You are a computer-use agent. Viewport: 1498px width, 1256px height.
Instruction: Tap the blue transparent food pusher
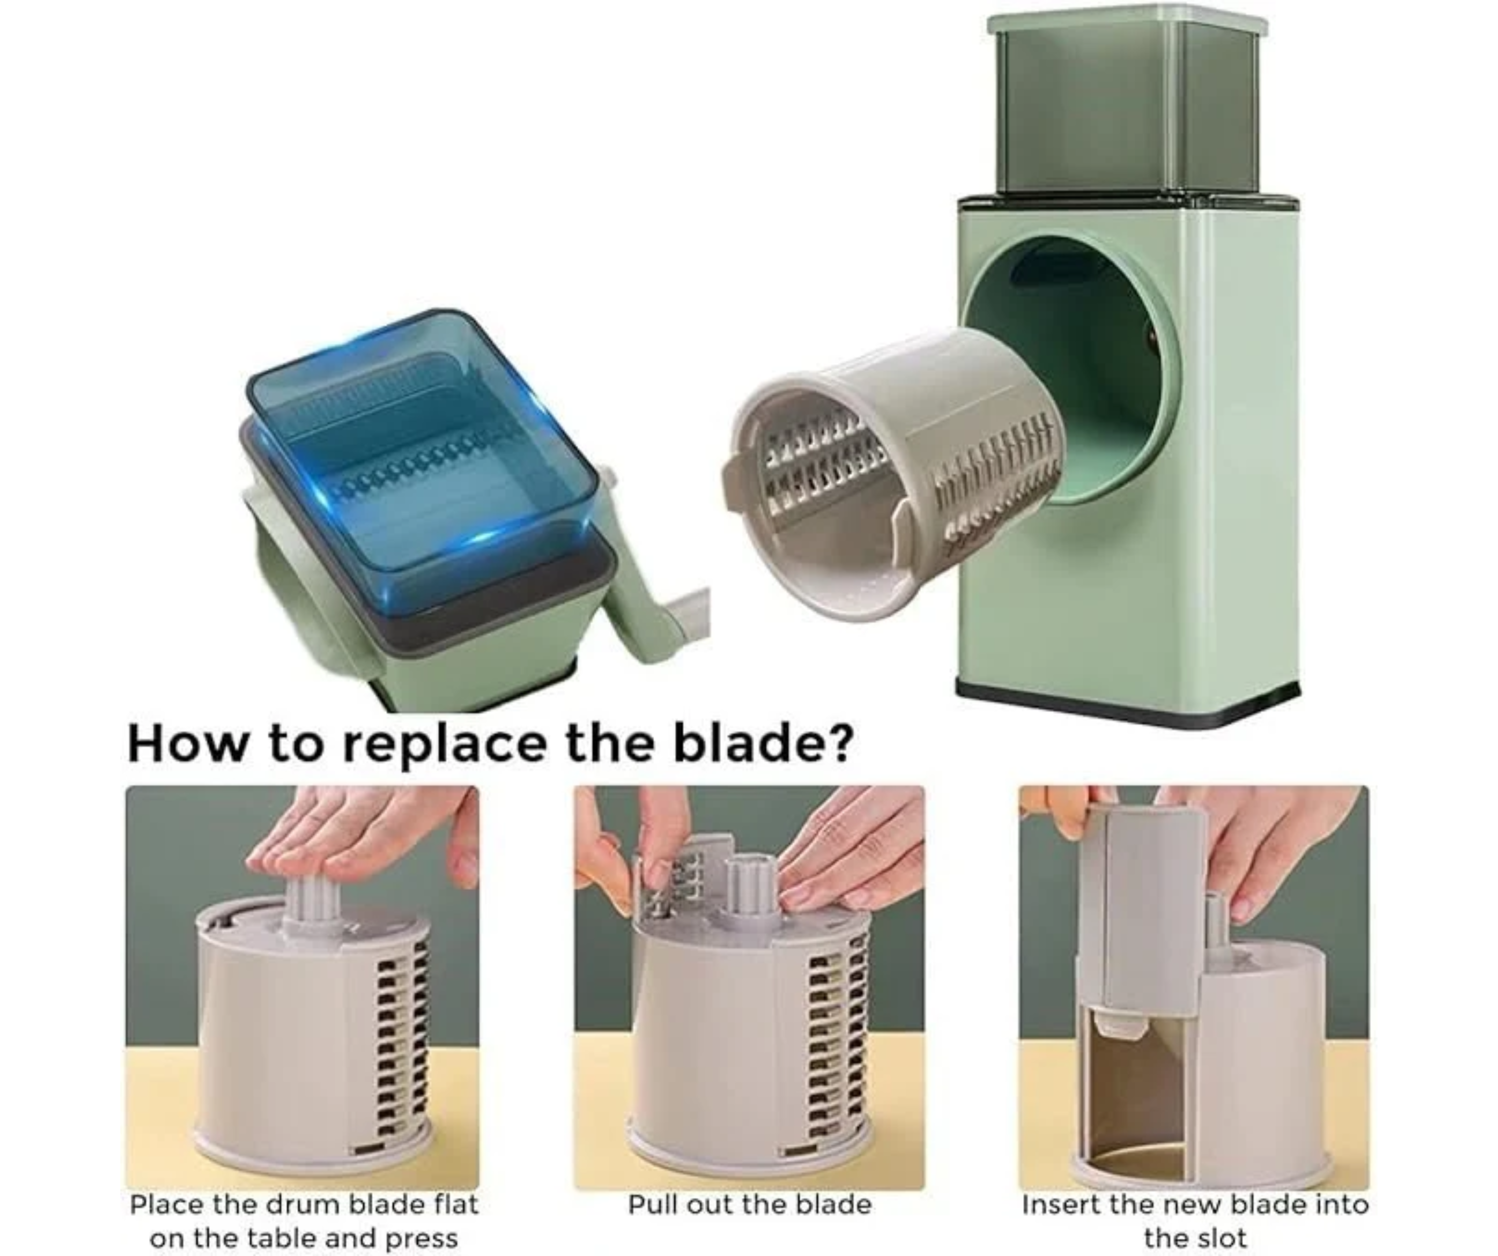coord(421,457)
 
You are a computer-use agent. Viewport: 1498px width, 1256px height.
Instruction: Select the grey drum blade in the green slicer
coord(892,471)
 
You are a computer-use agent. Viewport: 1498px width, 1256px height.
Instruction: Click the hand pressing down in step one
coord(357,835)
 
